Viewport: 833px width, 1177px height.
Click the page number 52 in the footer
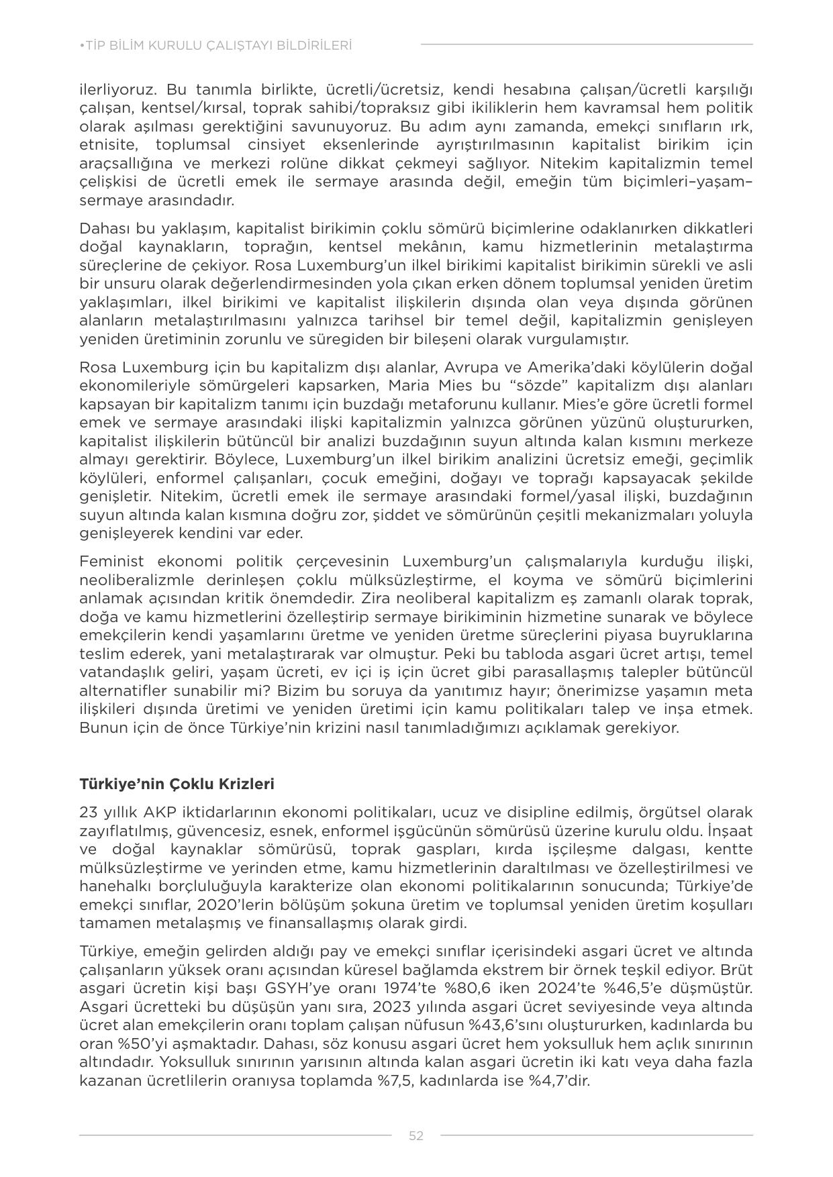click(416, 1135)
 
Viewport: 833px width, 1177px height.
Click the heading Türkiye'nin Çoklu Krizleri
click(177, 784)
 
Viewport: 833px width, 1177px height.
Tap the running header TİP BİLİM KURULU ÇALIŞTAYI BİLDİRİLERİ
click(215, 46)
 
